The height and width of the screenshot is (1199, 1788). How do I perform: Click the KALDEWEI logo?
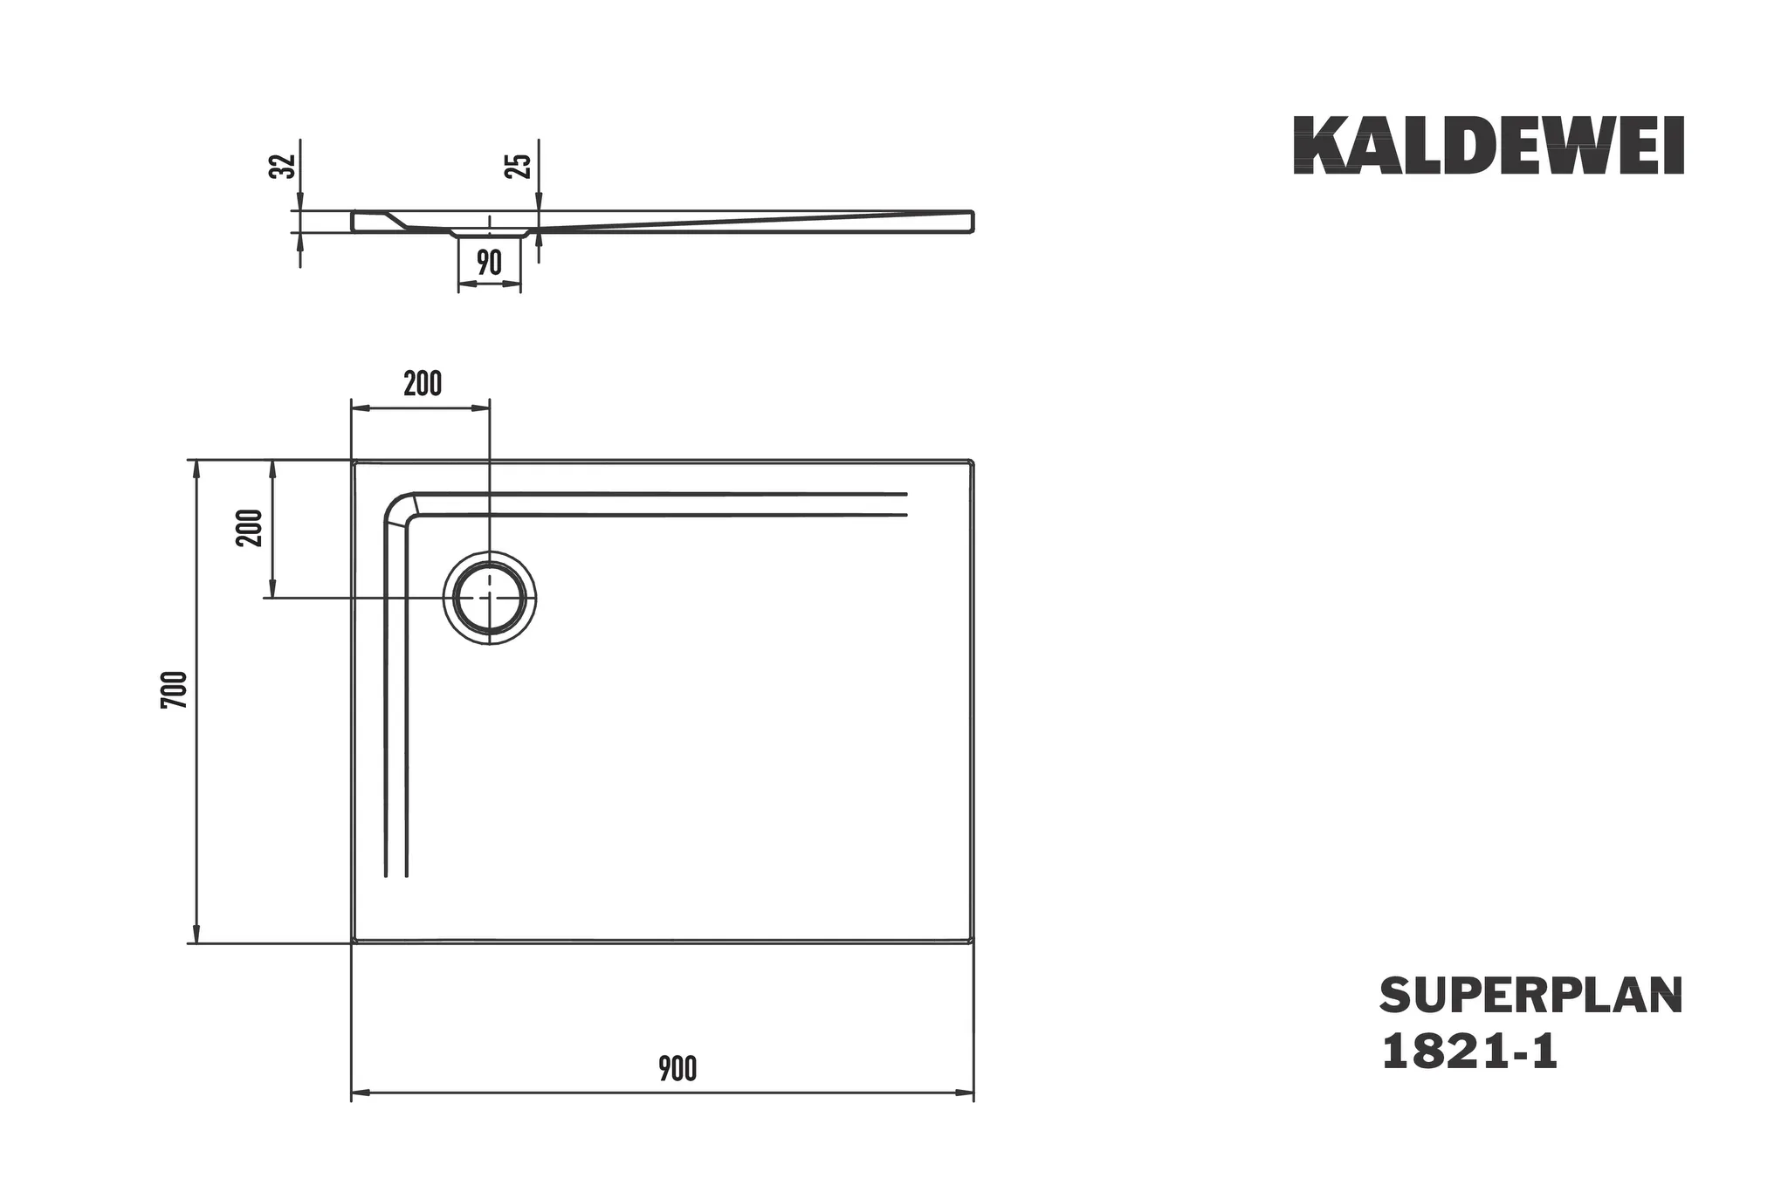[x=1488, y=146]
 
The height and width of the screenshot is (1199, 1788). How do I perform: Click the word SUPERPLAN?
[x=1530, y=996]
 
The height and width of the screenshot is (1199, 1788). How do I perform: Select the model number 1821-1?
[x=1468, y=1052]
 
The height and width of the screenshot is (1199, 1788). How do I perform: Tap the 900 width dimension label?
[x=677, y=1069]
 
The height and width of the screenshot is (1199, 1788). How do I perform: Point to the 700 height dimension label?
[x=175, y=689]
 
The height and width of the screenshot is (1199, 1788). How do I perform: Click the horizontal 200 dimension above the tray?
[x=423, y=383]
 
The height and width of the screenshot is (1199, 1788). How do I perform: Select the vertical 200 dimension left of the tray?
[x=250, y=528]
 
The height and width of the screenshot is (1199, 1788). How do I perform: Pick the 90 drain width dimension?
[x=490, y=263]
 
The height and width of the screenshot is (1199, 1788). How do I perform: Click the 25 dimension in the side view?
[x=519, y=166]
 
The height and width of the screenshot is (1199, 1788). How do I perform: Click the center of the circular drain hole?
[x=490, y=598]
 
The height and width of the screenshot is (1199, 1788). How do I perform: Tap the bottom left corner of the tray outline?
[x=354, y=942]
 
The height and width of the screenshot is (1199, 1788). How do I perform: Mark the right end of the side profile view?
[x=972, y=221]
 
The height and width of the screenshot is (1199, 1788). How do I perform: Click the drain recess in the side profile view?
[x=490, y=233]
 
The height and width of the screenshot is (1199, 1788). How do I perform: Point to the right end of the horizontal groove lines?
[x=906, y=504]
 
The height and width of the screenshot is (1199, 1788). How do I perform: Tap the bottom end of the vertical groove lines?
[x=395, y=874]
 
